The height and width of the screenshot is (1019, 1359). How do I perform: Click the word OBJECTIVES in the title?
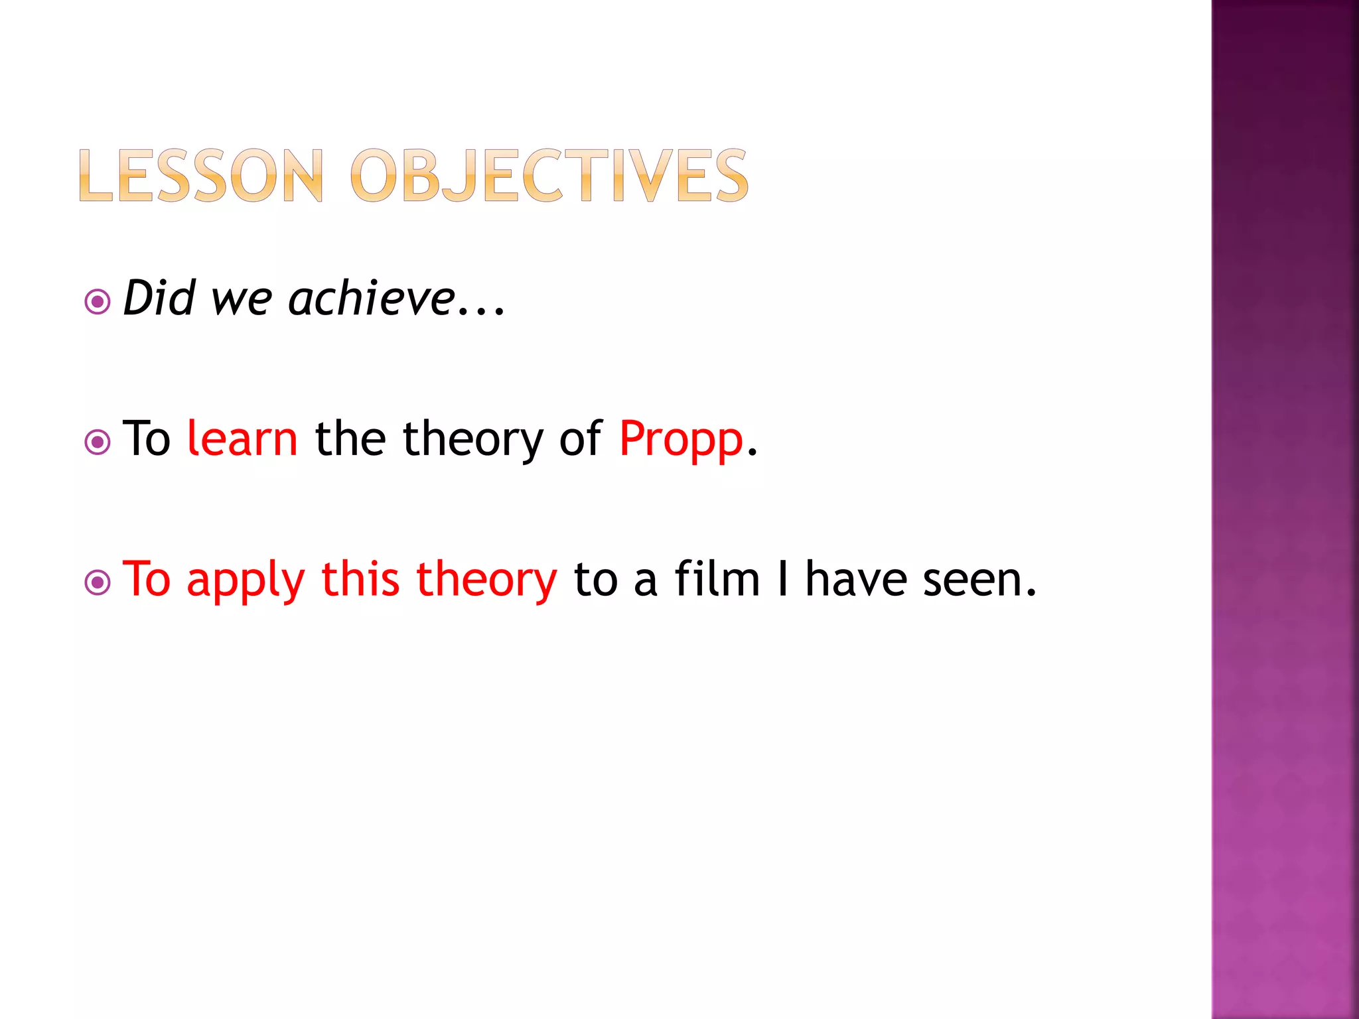point(549,176)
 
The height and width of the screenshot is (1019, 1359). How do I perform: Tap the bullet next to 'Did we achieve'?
point(98,303)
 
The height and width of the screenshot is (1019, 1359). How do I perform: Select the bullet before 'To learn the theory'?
point(98,442)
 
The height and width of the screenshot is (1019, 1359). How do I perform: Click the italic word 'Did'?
point(159,299)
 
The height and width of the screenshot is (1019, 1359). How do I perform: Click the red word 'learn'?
point(242,439)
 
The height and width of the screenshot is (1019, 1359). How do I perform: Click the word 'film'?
point(717,578)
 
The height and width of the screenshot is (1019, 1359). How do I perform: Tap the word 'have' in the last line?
point(856,579)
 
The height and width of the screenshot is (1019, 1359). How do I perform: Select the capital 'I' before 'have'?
point(783,578)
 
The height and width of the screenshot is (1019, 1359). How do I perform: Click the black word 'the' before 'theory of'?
point(350,439)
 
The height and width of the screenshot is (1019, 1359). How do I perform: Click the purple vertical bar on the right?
point(1285,509)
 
